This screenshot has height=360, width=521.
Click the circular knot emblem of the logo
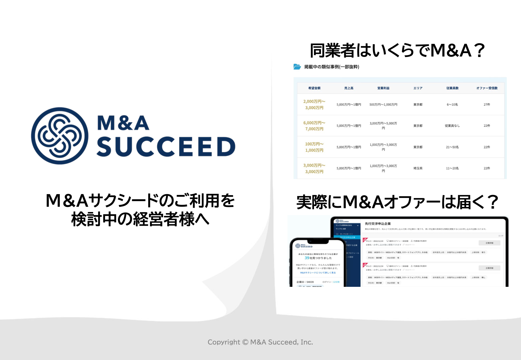[x=60, y=136]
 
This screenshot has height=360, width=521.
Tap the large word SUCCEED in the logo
[x=166, y=146]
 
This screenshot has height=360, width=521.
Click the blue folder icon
[x=297, y=67]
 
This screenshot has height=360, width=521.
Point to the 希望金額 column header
[x=314, y=88]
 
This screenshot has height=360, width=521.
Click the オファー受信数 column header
[x=487, y=88]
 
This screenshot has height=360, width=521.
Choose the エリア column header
[x=418, y=88]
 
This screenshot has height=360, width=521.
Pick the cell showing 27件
[x=487, y=104]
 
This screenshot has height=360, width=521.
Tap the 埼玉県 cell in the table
[x=418, y=168]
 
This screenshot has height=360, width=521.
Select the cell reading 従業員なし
[x=452, y=126]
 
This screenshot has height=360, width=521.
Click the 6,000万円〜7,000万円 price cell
[x=314, y=126]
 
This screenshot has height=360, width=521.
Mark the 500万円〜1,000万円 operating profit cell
[x=383, y=104]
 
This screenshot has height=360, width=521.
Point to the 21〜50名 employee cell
[x=452, y=147]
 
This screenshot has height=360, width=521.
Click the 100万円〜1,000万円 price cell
[x=314, y=147]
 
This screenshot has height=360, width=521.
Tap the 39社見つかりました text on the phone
[x=318, y=258]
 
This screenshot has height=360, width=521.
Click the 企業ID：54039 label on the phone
[x=305, y=282]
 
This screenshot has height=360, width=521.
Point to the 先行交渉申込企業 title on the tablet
[x=378, y=224]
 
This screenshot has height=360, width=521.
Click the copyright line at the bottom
[x=260, y=342]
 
